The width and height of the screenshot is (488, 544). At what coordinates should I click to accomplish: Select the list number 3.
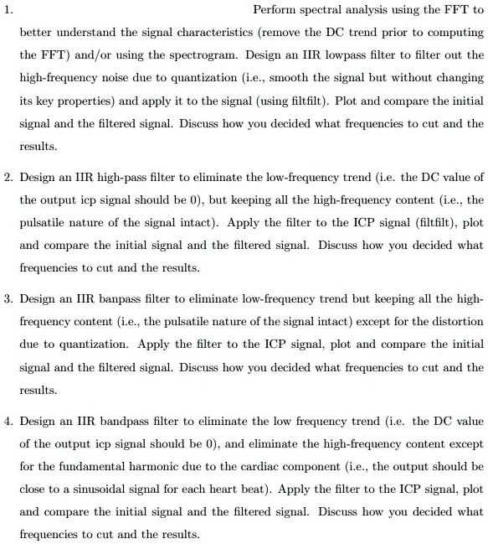pyautogui.click(x=8, y=298)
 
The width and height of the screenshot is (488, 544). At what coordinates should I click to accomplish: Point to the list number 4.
pyautogui.click(x=8, y=421)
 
